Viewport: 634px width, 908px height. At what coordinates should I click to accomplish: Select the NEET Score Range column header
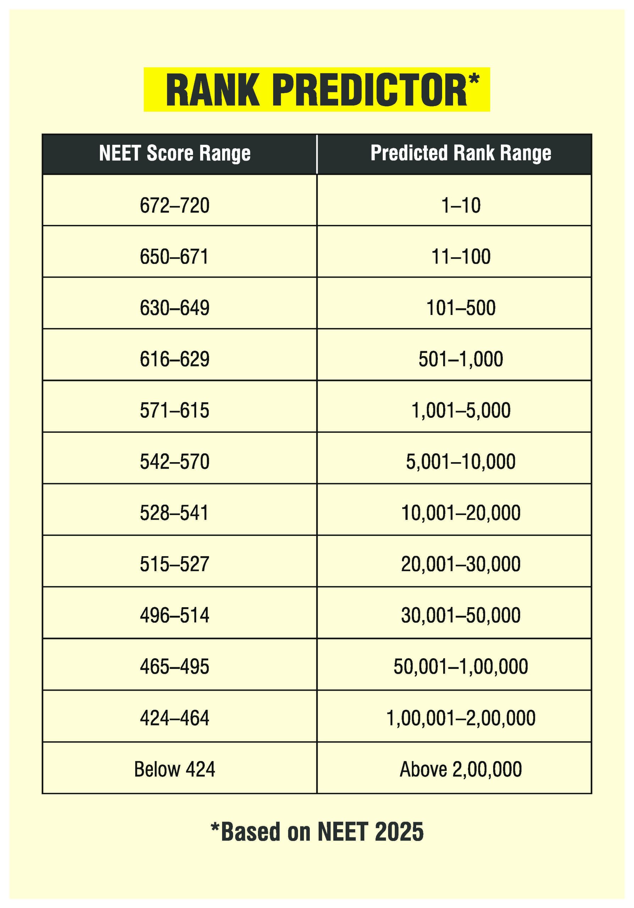(x=175, y=154)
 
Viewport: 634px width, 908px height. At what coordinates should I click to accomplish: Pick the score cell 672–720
(x=175, y=206)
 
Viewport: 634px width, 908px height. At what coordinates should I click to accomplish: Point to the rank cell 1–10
(x=461, y=206)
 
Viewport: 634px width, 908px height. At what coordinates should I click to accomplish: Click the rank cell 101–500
(x=461, y=308)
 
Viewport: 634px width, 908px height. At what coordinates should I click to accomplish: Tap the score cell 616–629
(x=175, y=359)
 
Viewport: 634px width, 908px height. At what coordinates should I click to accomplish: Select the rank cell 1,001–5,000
(x=461, y=410)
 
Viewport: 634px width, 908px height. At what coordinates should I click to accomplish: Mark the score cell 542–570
(x=175, y=461)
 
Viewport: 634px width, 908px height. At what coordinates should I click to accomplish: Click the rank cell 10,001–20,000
(x=461, y=513)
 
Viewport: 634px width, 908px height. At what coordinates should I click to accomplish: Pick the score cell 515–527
(x=175, y=564)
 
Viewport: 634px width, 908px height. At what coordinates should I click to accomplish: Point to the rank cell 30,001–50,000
(x=461, y=615)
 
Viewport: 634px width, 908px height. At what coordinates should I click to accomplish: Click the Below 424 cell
(x=175, y=769)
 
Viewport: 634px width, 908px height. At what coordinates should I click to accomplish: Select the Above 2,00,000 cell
(x=461, y=769)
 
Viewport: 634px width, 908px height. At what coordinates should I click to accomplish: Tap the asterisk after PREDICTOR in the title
(x=474, y=78)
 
